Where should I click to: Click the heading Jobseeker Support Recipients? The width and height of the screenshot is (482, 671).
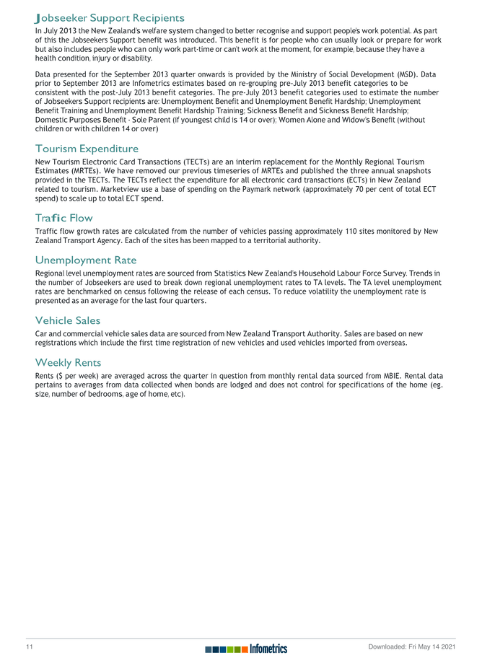click(x=109, y=17)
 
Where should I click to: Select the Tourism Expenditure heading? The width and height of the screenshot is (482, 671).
click(x=87, y=149)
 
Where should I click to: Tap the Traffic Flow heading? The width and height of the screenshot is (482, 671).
click(x=63, y=217)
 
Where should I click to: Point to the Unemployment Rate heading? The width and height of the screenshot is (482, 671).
click(x=85, y=260)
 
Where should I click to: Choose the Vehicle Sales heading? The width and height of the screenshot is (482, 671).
click(x=68, y=320)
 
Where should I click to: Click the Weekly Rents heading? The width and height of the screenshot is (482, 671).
click(x=68, y=362)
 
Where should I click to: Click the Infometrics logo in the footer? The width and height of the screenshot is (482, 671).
click(x=245, y=649)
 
